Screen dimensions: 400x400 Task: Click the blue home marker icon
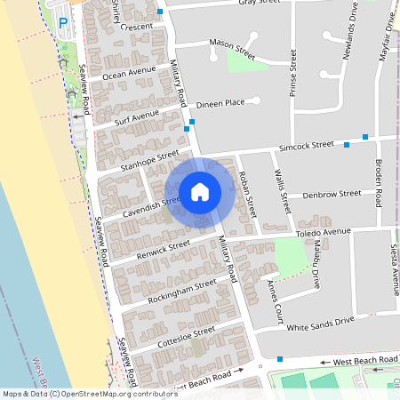click(200, 192)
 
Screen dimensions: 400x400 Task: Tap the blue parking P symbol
click(62, 21)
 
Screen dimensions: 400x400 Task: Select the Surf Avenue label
click(137, 115)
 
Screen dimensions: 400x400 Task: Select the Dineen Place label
click(220, 103)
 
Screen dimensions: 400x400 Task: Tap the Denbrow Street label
click(332, 193)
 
